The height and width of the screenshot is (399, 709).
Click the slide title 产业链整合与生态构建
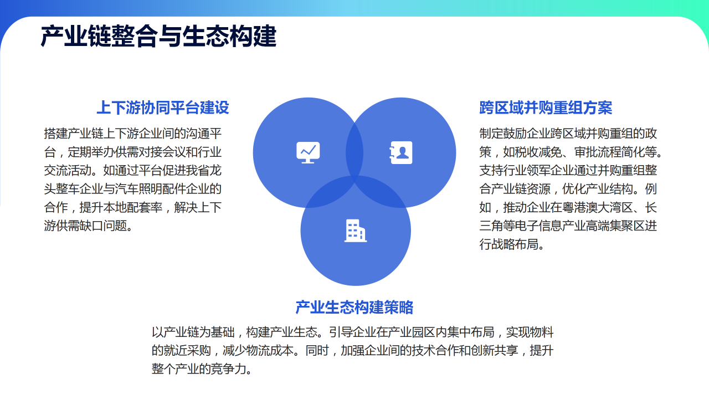(158, 37)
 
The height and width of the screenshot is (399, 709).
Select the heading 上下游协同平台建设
(163, 108)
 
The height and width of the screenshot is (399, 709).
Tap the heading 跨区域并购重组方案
(546, 108)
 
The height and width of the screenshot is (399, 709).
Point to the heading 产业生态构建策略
(354, 307)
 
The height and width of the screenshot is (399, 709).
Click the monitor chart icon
(308, 152)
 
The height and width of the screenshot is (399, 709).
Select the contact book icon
(400, 152)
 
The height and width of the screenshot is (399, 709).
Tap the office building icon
(356, 231)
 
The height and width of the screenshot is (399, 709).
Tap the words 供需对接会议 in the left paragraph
(151, 152)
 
